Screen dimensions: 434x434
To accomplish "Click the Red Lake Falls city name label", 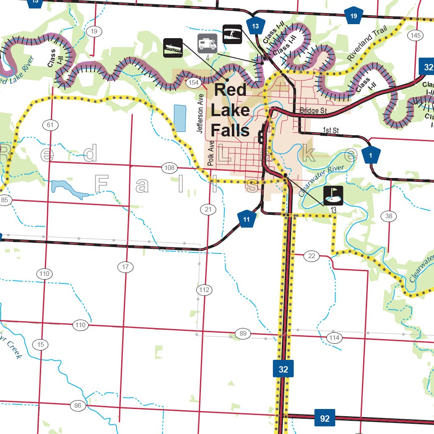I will click(x=230, y=110).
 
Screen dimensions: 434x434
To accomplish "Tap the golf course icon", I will click(x=333, y=195).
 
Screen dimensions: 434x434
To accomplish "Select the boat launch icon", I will click(x=173, y=47).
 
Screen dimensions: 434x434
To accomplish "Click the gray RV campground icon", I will click(x=207, y=43).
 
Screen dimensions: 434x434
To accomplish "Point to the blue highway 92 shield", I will click(x=325, y=418).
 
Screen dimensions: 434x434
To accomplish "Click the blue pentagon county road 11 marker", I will click(x=246, y=219).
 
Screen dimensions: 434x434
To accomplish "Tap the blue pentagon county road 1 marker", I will click(x=370, y=156).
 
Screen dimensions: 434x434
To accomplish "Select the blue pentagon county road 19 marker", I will click(x=354, y=17).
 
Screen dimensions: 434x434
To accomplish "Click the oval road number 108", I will click(x=169, y=168).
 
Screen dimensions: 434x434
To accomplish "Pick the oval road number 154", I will click(x=193, y=82).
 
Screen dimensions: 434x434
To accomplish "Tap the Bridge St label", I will click(x=314, y=111).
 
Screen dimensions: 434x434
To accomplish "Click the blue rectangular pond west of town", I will click(x=180, y=118).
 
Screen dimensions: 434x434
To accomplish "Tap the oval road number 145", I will click(x=416, y=35).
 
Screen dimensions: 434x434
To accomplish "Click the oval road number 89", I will click(x=243, y=334).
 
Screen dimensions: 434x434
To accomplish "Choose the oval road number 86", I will click(x=78, y=406).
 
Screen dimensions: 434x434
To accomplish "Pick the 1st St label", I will click(x=329, y=129).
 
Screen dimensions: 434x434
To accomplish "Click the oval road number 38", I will click(x=389, y=216).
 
